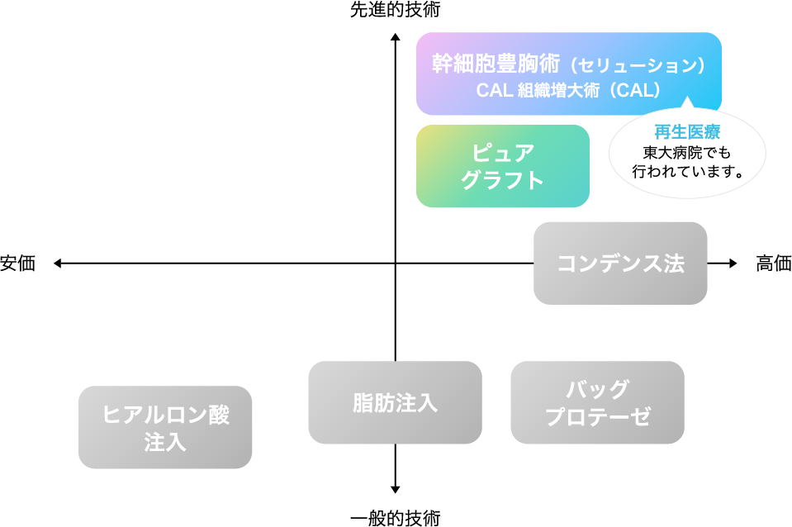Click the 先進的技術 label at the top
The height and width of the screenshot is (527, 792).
tap(395, 11)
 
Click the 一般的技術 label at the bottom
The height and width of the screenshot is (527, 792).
tap(395, 518)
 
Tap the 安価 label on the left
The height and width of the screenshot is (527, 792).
tap(18, 263)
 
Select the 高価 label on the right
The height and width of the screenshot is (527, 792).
tap(773, 263)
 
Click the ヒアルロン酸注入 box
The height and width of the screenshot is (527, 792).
tap(165, 428)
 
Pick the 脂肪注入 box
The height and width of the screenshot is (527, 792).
tap(395, 403)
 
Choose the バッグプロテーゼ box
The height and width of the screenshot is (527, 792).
tap(597, 403)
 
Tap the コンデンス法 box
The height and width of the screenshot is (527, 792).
tap(620, 263)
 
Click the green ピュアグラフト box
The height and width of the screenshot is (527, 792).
tap(502, 166)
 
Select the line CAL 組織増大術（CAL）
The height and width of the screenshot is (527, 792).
tap(568, 90)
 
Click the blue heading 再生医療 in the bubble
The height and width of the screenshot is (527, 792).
tap(686, 132)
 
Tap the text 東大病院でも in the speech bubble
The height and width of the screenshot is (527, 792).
tap(686, 153)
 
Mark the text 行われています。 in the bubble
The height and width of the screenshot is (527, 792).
tap(686, 173)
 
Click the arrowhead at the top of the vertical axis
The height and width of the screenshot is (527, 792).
tap(396, 37)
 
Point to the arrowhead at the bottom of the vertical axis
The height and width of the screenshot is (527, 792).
tap(396, 489)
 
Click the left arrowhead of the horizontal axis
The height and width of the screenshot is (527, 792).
tap(58, 263)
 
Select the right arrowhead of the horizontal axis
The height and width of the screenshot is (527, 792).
tap(733, 263)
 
